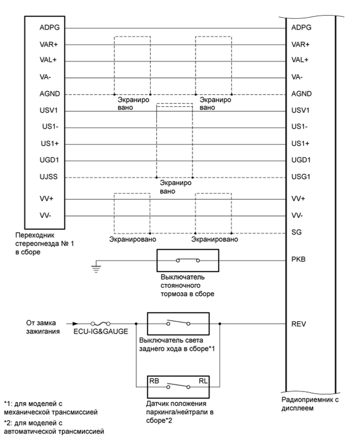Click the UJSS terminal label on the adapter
click(x=49, y=177)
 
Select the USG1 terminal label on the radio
click(x=300, y=177)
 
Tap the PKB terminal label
click(x=298, y=259)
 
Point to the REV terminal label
click(x=298, y=324)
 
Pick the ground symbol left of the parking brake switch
click(x=95, y=268)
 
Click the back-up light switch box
click(x=178, y=324)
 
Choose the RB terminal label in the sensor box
click(x=155, y=381)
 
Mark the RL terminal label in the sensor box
click(x=203, y=381)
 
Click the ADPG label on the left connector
click(x=49, y=28)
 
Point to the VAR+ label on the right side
click(x=300, y=44)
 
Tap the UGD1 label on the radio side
click(x=300, y=160)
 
